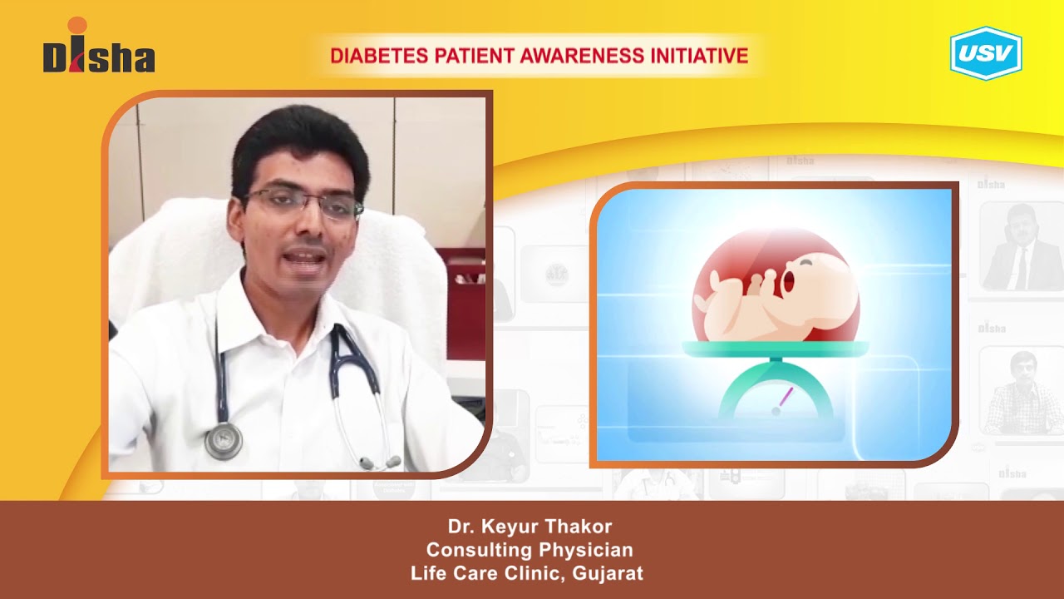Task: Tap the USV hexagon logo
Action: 986,53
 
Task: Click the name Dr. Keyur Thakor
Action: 530,527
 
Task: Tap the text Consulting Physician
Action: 530,550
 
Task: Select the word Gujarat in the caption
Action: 608,573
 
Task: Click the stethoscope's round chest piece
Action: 224,440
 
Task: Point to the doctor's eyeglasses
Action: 299,203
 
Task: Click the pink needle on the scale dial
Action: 783,399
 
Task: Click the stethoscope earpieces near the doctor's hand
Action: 379,462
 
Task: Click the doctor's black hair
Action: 299,146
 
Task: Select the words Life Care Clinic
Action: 486,573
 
